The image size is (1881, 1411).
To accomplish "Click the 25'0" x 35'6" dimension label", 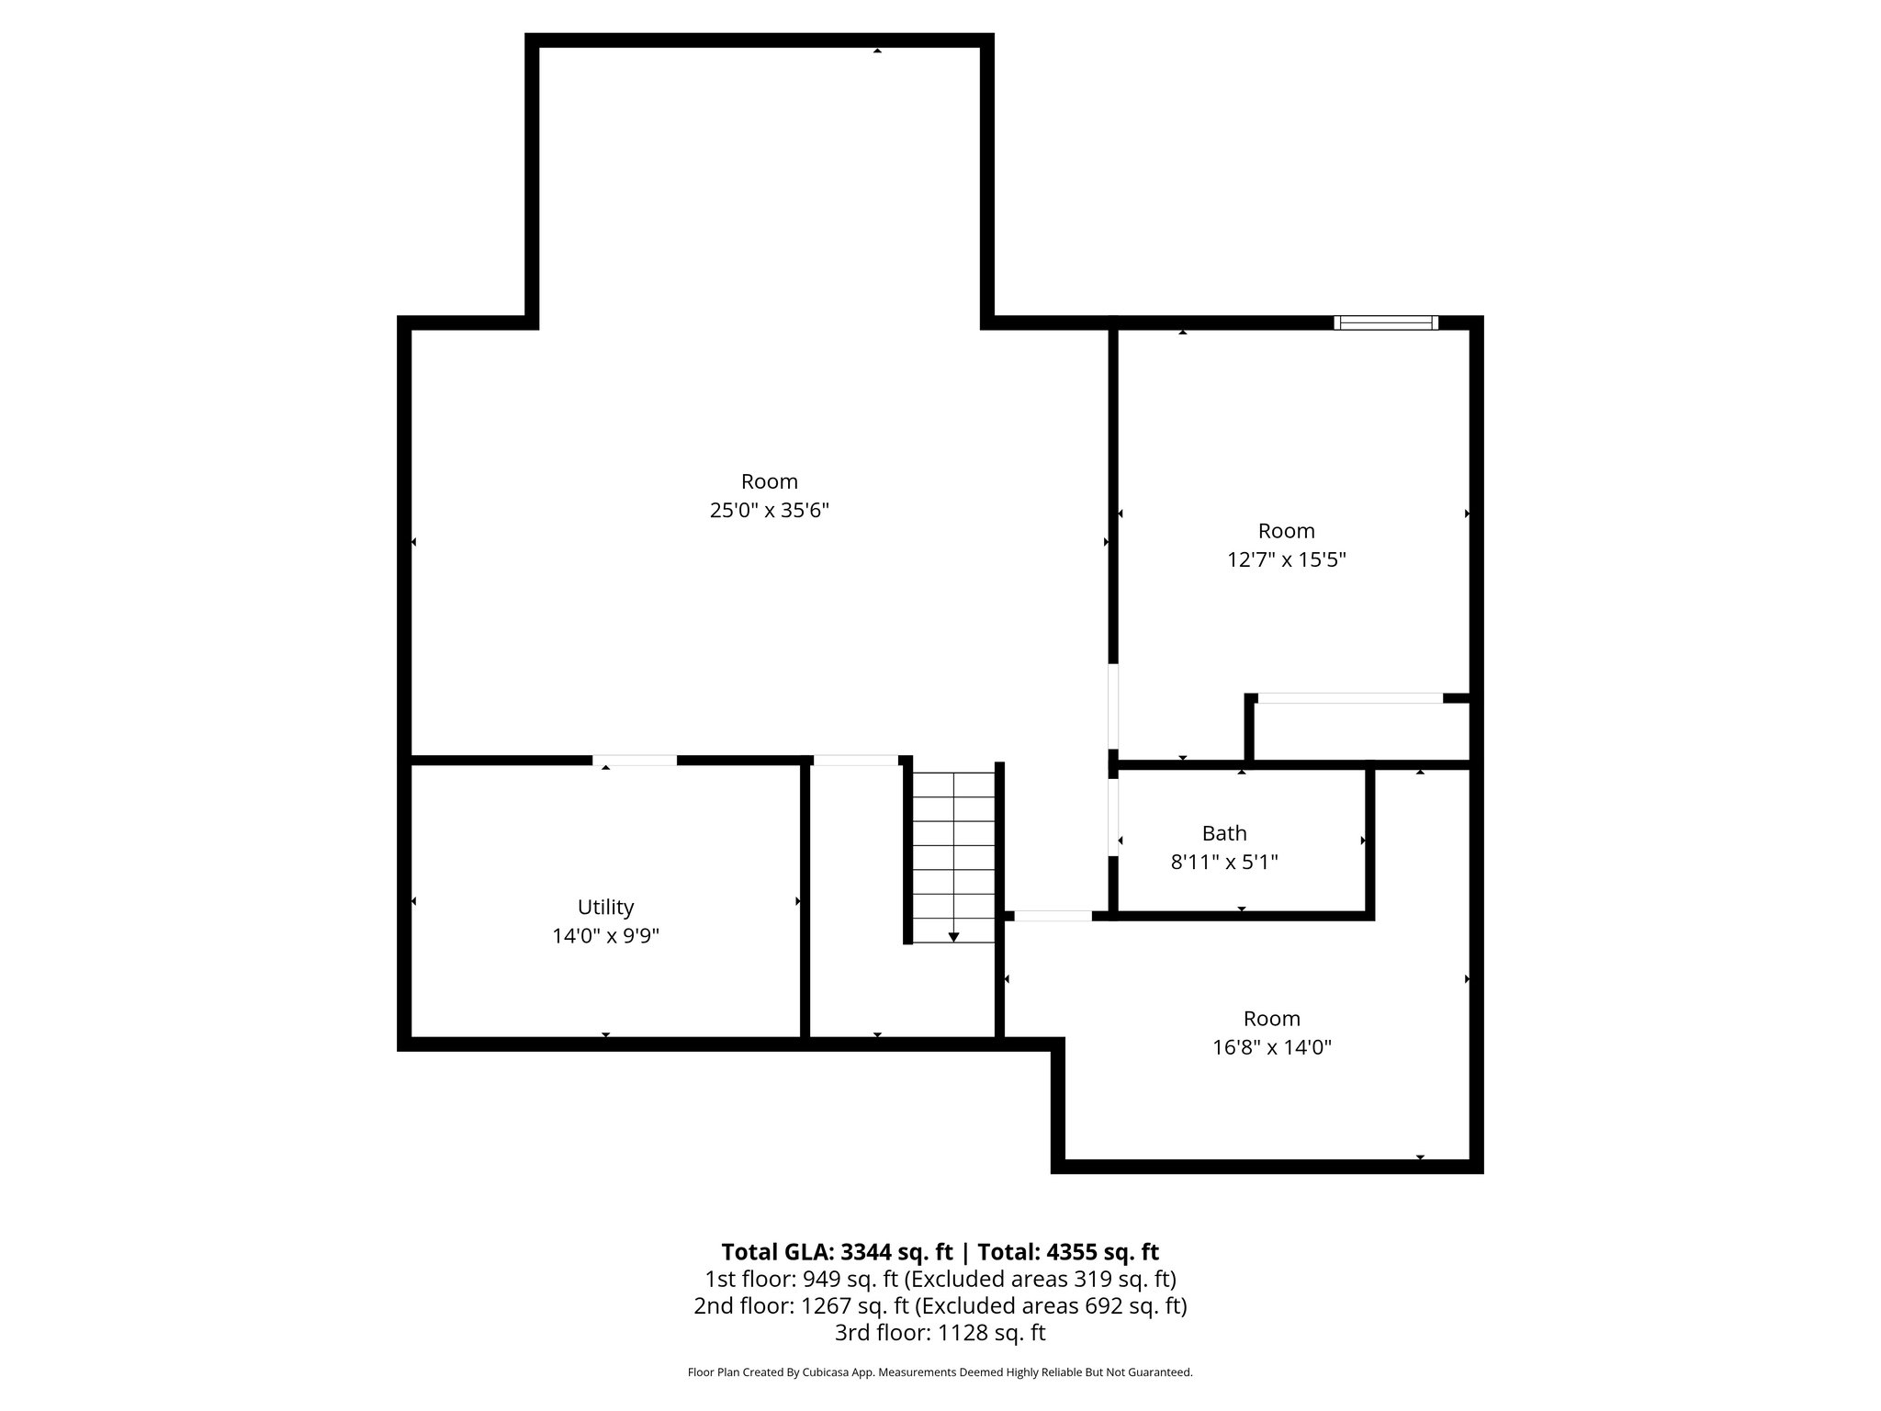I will [769, 511].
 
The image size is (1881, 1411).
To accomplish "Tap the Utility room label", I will [605, 907].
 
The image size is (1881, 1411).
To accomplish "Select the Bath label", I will [1223, 833].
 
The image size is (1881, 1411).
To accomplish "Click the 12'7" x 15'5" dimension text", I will [1286, 559].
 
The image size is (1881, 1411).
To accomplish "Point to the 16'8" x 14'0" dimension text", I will [1271, 1047].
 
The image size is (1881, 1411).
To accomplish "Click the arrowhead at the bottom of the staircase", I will [953, 937].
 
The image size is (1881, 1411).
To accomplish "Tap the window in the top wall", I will [1385, 322].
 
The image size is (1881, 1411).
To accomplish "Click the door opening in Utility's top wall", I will [635, 760].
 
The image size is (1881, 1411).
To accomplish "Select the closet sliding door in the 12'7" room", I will [1349, 698].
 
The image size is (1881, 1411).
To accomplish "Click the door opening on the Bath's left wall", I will [1113, 817].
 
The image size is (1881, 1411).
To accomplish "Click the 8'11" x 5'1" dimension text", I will [1223, 863].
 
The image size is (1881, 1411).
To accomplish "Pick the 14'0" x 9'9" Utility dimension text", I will [605, 936].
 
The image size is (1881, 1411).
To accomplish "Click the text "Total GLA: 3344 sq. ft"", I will [837, 1252].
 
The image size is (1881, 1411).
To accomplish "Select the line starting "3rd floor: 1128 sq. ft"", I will [940, 1332].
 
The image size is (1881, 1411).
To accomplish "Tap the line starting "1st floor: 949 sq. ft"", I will [940, 1279].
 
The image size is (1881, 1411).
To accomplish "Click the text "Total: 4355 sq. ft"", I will [1067, 1252].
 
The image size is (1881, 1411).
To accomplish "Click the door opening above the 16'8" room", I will [1053, 915].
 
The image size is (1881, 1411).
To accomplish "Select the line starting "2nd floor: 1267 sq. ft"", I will [940, 1305].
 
